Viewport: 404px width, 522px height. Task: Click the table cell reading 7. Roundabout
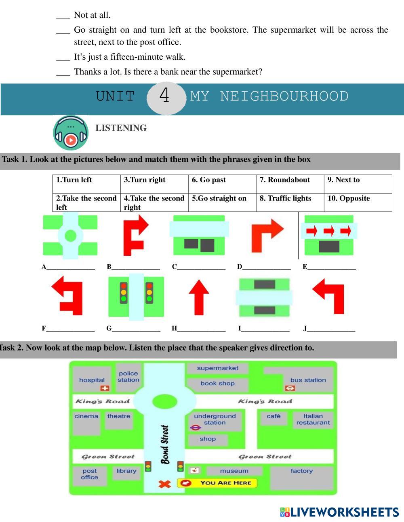290,184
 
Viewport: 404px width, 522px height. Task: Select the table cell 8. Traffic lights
290,202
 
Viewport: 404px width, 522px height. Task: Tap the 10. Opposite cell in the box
358,202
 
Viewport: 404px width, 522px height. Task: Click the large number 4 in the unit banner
164,96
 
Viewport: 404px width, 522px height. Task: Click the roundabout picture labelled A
70,236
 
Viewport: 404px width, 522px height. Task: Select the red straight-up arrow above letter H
199,297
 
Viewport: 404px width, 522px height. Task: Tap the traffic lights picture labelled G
136,297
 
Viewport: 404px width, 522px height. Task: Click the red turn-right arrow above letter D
267,236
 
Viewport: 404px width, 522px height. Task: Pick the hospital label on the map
92,380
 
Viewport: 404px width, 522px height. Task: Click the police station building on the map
128,377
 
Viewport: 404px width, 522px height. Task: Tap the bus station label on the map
308,380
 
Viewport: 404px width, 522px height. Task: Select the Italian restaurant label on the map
313,420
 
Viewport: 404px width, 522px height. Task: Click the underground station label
215,420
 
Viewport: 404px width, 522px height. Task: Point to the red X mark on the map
164,483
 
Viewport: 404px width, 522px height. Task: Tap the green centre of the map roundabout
165,401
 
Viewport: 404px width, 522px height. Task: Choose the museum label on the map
234,471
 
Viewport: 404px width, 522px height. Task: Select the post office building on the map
90,474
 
